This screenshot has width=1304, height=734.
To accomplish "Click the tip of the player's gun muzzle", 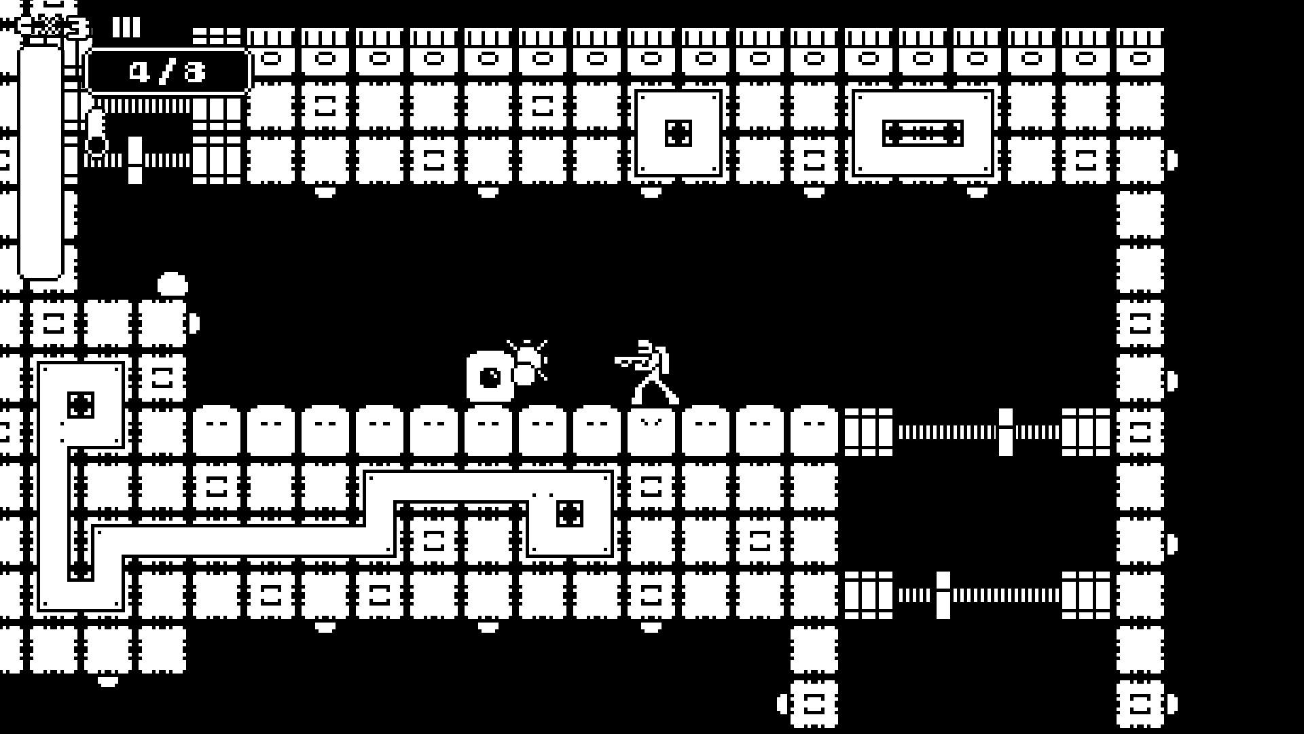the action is pyautogui.click(x=616, y=361).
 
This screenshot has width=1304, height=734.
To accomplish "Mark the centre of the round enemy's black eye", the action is pyautogui.click(x=490, y=377).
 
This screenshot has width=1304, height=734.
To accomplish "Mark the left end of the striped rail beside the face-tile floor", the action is pyautogui.click(x=899, y=432).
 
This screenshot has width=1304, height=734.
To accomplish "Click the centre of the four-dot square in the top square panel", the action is pyautogui.click(x=678, y=133).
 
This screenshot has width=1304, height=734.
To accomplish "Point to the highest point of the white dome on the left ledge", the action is pyautogui.click(x=173, y=273).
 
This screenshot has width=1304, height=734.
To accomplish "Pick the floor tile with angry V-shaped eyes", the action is pyautogui.click(x=651, y=432).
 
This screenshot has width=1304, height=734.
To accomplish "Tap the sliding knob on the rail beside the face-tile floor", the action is pyautogui.click(x=1005, y=432).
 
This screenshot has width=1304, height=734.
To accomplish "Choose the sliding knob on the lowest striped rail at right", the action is pyautogui.click(x=943, y=595).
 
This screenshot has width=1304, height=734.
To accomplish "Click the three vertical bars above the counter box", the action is pyautogui.click(x=126, y=27).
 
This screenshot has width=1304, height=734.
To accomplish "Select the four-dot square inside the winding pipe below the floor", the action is pyautogui.click(x=569, y=513).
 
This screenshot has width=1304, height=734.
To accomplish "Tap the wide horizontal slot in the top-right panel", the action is pyautogui.click(x=922, y=133).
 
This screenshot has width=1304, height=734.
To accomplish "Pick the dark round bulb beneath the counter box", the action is pyautogui.click(x=97, y=144).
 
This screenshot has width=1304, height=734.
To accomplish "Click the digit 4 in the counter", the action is pyautogui.click(x=140, y=71).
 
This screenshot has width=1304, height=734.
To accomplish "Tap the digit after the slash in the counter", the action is pyautogui.click(x=194, y=71).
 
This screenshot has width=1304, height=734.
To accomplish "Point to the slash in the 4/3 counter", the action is pyautogui.click(x=167, y=71).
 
